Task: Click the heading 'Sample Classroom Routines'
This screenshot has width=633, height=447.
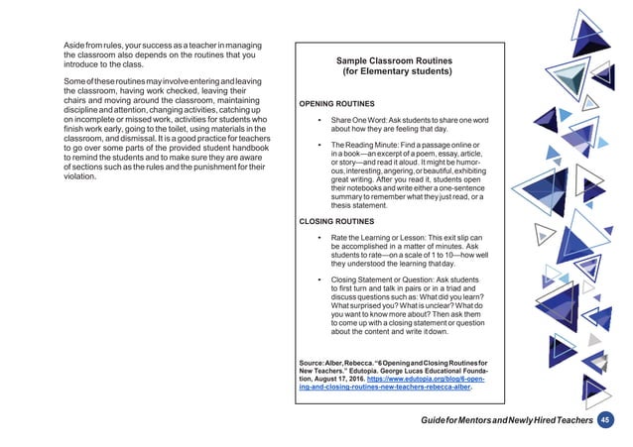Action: tap(396, 60)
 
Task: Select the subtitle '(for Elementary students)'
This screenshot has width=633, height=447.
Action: tap(396, 73)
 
